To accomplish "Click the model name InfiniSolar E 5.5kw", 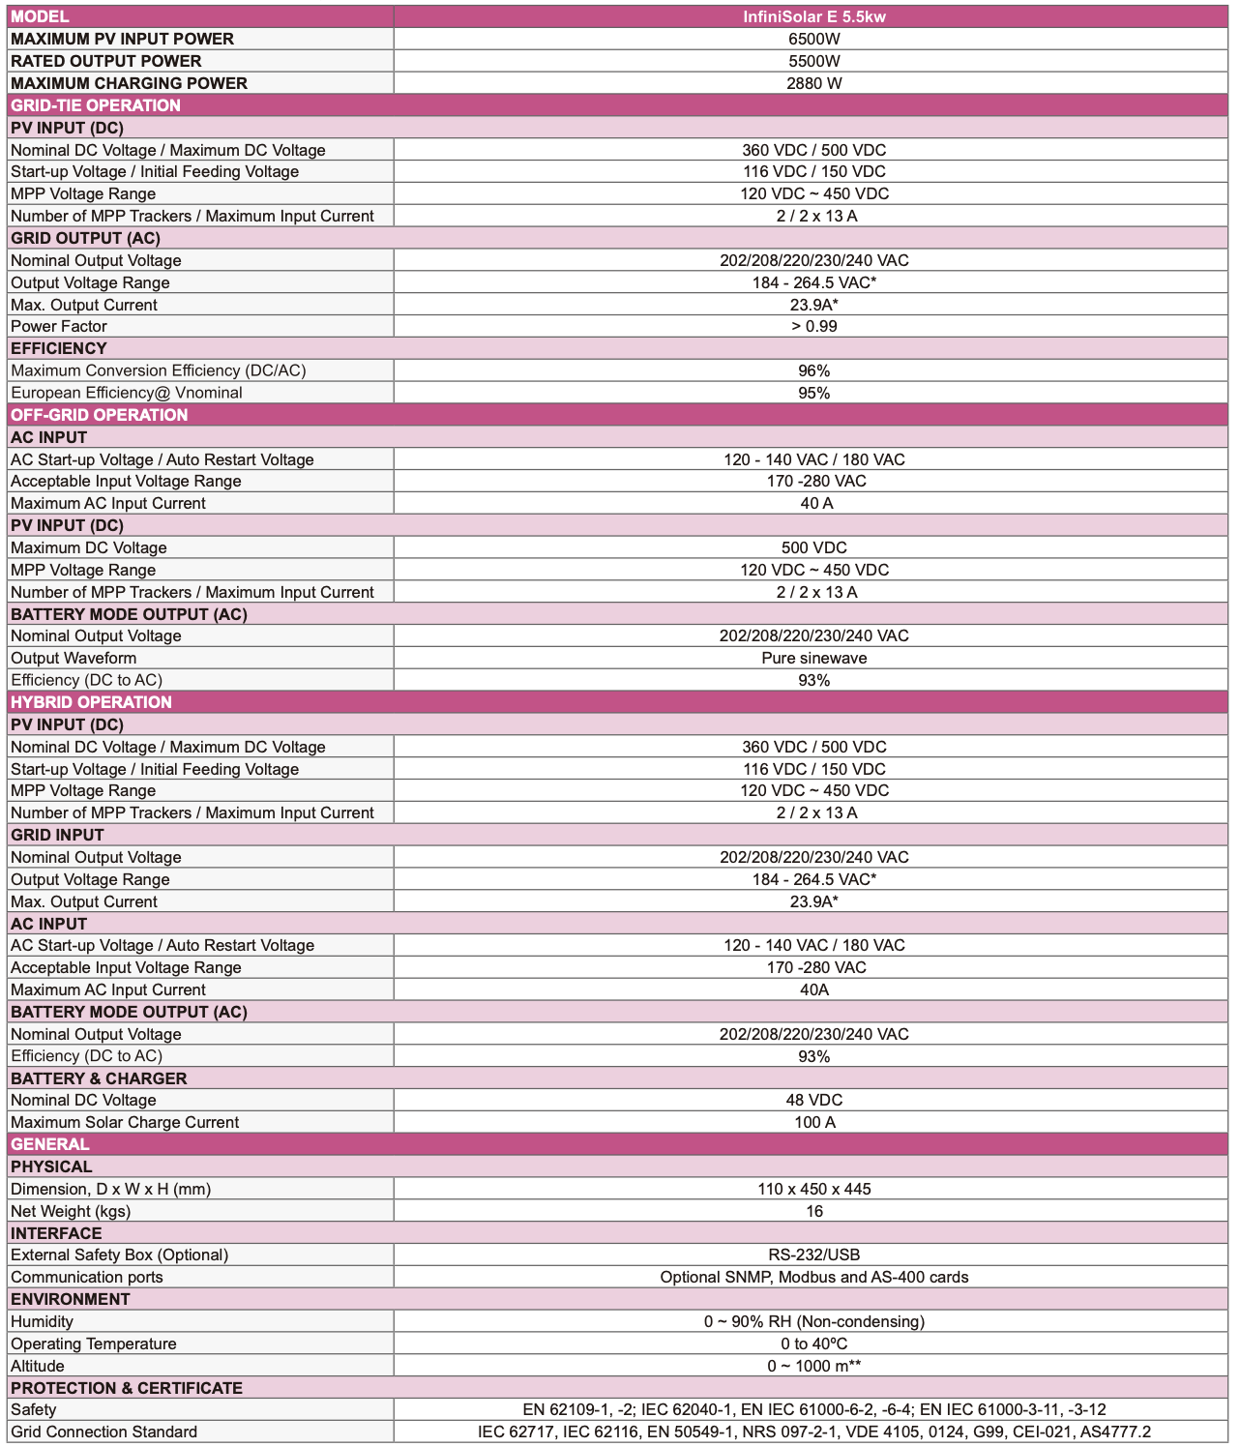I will [x=813, y=16].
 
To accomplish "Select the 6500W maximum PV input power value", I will [x=813, y=39].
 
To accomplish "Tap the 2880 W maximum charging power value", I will [x=813, y=83].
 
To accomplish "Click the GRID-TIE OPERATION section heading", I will [x=96, y=105].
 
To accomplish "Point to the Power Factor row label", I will [x=59, y=326].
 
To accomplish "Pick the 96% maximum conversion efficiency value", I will [x=813, y=370].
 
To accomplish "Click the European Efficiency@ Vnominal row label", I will [x=127, y=393].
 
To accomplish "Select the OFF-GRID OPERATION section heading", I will [x=100, y=415].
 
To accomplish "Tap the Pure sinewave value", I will [x=813, y=658].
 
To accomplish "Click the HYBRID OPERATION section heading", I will [x=92, y=702].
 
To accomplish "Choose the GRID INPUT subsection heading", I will [x=57, y=835].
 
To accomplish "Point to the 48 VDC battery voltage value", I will [x=813, y=1100].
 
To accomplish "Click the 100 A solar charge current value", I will [x=813, y=1122].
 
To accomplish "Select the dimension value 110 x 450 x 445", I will [x=813, y=1189].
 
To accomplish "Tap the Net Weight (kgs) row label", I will [x=71, y=1211].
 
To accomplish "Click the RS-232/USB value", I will [x=813, y=1255].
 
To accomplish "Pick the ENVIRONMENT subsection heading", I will [x=71, y=1299].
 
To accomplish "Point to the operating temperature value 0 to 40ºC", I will [x=813, y=1344].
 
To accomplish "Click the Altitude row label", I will [x=38, y=1366].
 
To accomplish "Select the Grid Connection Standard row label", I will [x=104, y=1432].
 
